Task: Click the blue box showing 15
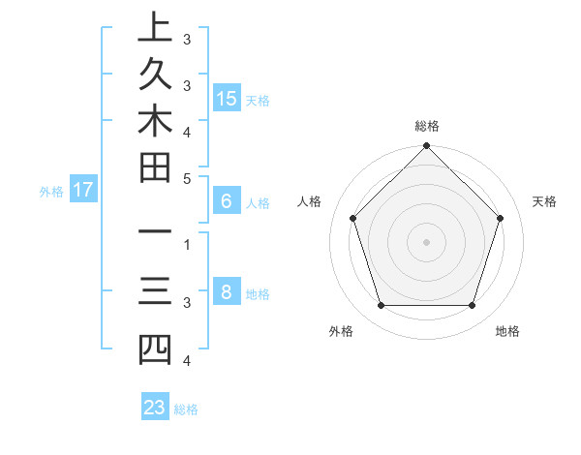coord(227,98)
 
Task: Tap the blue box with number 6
coord(227,201)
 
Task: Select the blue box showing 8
coord(227,292)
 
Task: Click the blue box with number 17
coord(83,190)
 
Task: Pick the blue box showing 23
coord(155,408)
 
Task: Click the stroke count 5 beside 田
coord(187,178)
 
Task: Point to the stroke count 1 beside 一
coord(187,244)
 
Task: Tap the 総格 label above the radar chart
coord(427,126)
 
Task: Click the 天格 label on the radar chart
coord(545,201)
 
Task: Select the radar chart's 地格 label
coord(507,331)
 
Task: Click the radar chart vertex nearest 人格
coord(353,218)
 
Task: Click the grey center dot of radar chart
coord(427,241)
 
